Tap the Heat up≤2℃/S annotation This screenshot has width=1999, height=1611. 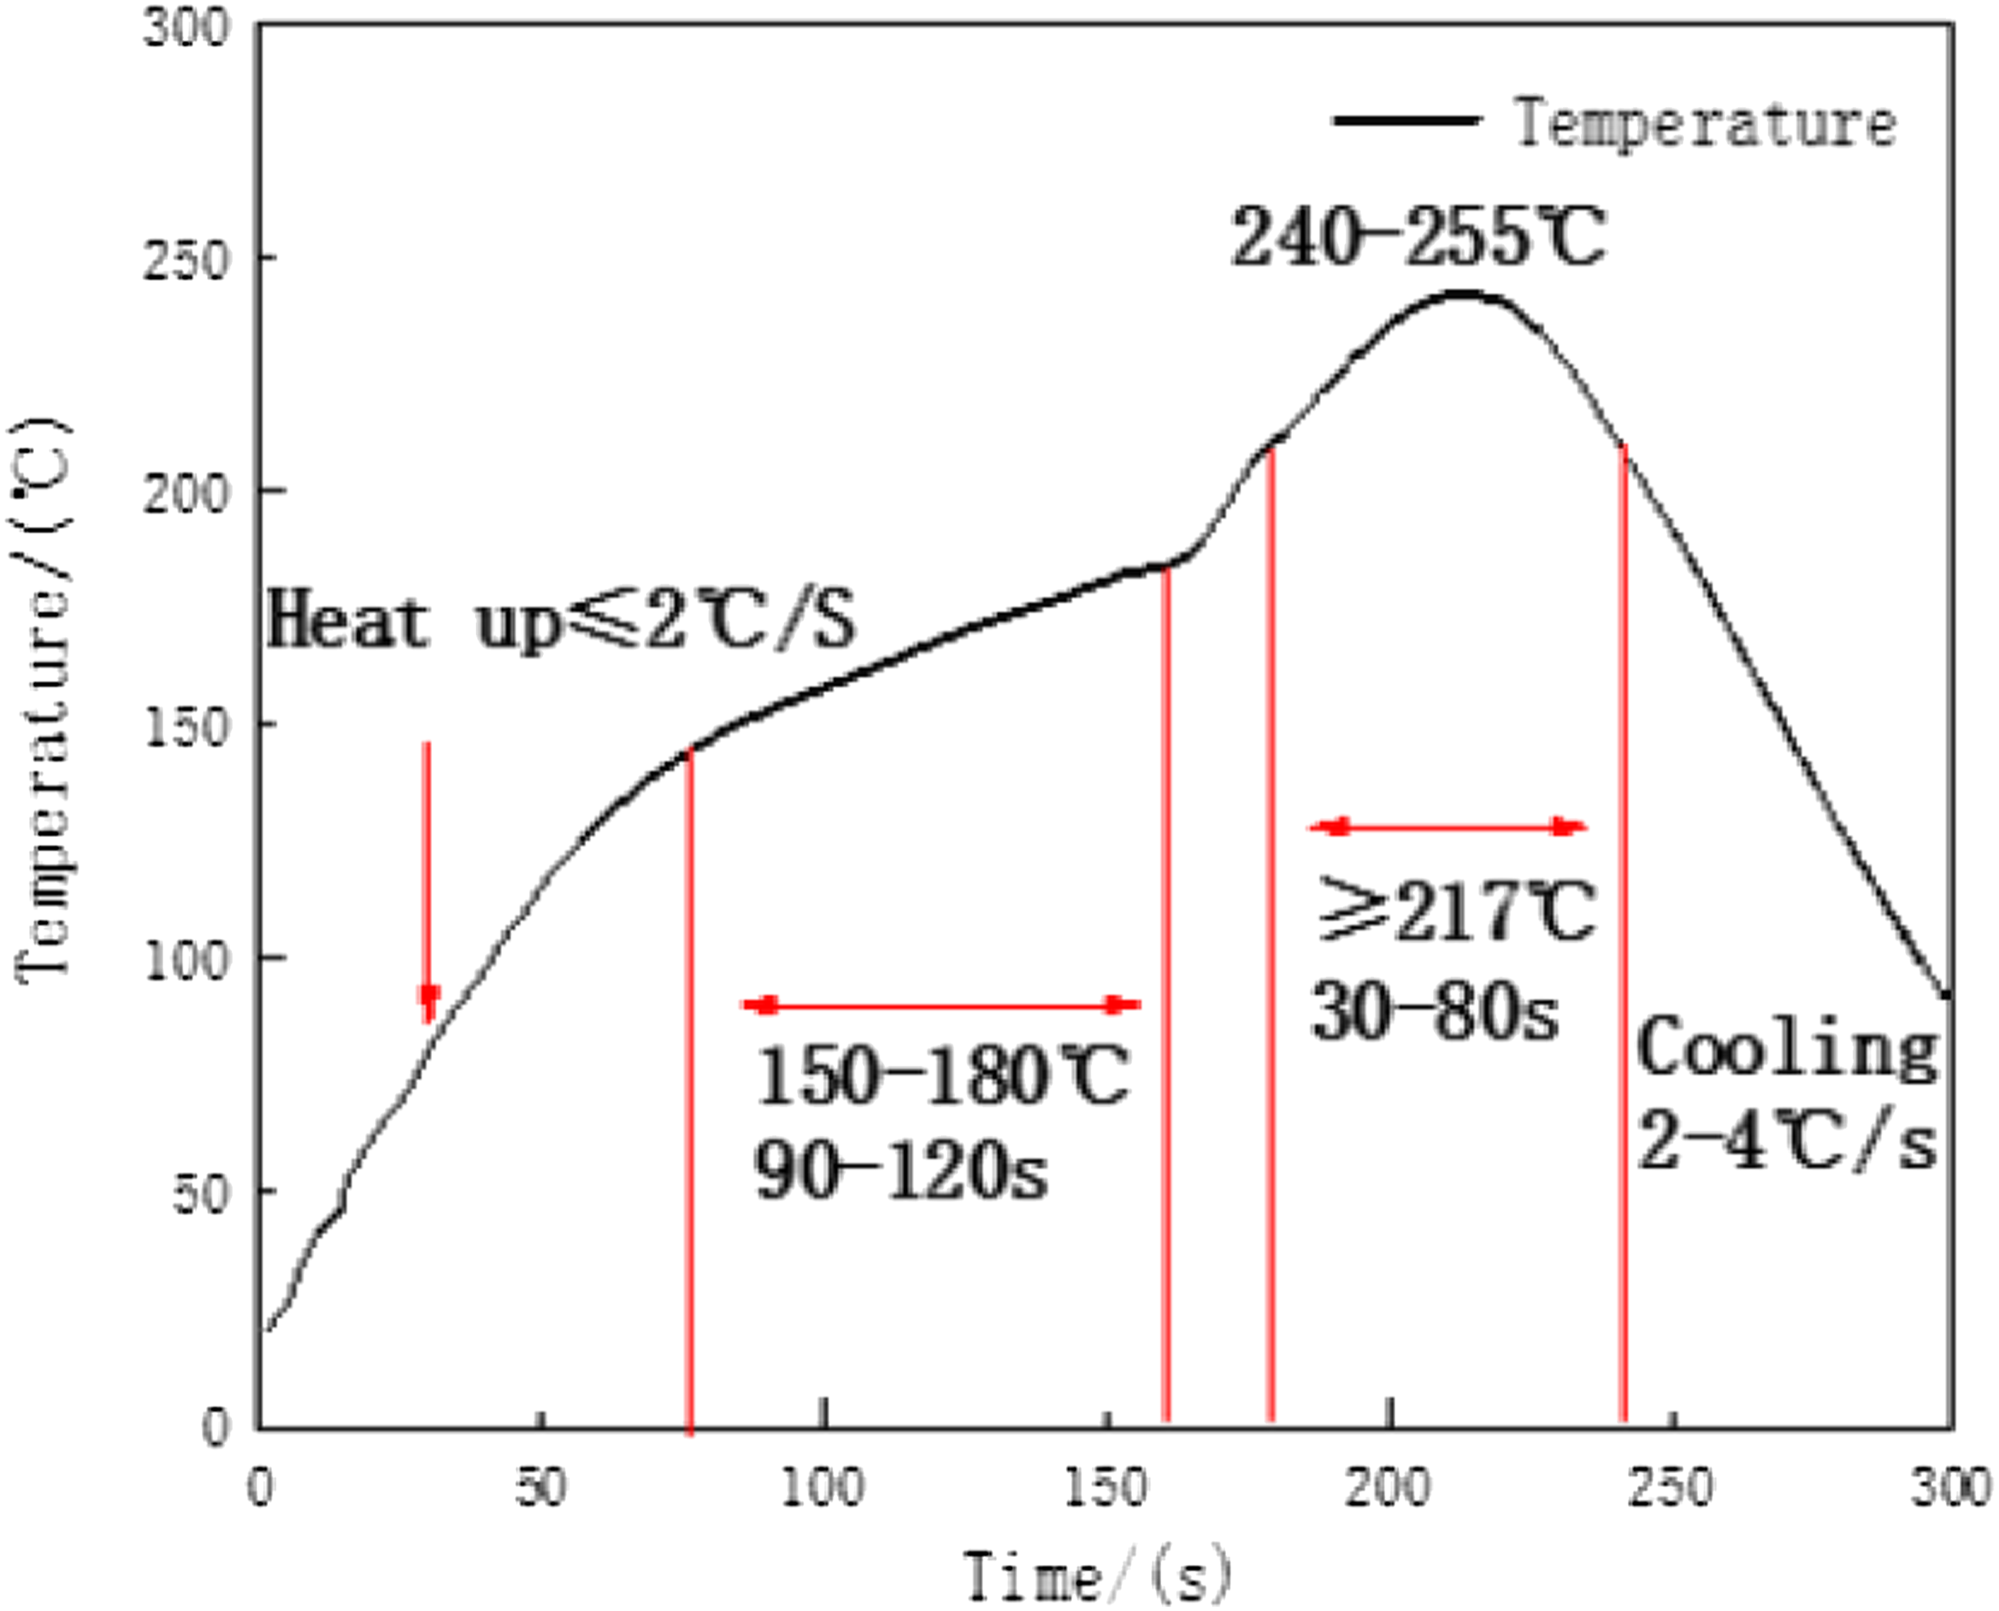coord(561,621)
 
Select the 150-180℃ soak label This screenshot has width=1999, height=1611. coord(942,1077)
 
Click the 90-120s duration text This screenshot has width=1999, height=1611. coord(900,1172)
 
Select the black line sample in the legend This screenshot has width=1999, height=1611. coord(1406,121)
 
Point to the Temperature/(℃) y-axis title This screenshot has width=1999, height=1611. coord(42,696)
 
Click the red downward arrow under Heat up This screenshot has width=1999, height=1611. coord(428,882)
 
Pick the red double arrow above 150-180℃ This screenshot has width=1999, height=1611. coord(941,1004)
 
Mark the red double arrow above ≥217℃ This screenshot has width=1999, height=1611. coord(1448,827)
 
